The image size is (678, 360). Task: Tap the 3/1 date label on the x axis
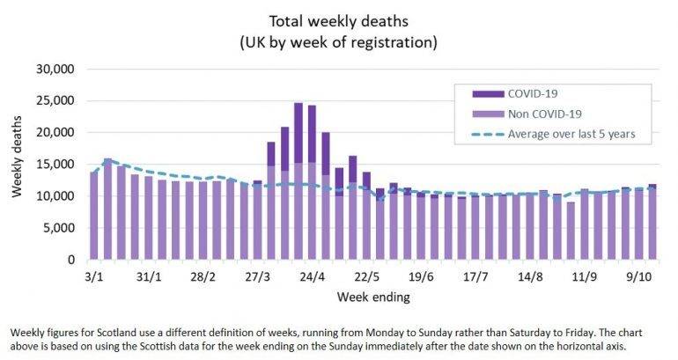tap(94, 276)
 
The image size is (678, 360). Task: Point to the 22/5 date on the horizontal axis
tap(367, 276)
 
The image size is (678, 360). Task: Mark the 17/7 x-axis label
tap(475, 276)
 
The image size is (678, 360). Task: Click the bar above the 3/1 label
tap(94, 216)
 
